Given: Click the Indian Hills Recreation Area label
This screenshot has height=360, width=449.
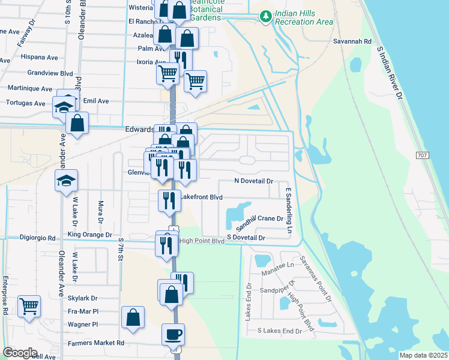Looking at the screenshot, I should click(304, 17).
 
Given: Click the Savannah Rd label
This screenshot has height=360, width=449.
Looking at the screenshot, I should click(353, 41).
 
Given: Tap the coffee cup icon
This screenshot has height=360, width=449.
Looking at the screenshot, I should click(173, 334).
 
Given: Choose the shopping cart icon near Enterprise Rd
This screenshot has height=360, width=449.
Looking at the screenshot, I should click(29, 307).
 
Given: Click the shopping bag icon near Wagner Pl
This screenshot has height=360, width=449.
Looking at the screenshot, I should click(133, 318).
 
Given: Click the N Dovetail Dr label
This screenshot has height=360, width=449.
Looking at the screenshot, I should click(253, 181).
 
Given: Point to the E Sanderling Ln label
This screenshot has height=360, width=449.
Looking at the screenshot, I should click(288, 211).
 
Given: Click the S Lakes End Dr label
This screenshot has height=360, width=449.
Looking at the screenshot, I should click(279, 331).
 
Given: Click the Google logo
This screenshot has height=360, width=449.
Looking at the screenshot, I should click(20, 353).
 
